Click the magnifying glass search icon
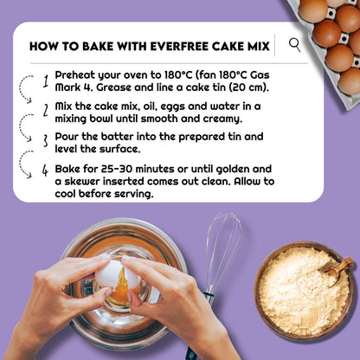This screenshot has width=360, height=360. click(x=295, y=45)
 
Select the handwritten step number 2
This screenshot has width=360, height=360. click(x=45, y=110)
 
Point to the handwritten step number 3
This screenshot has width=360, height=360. click(x=45, y=139)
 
